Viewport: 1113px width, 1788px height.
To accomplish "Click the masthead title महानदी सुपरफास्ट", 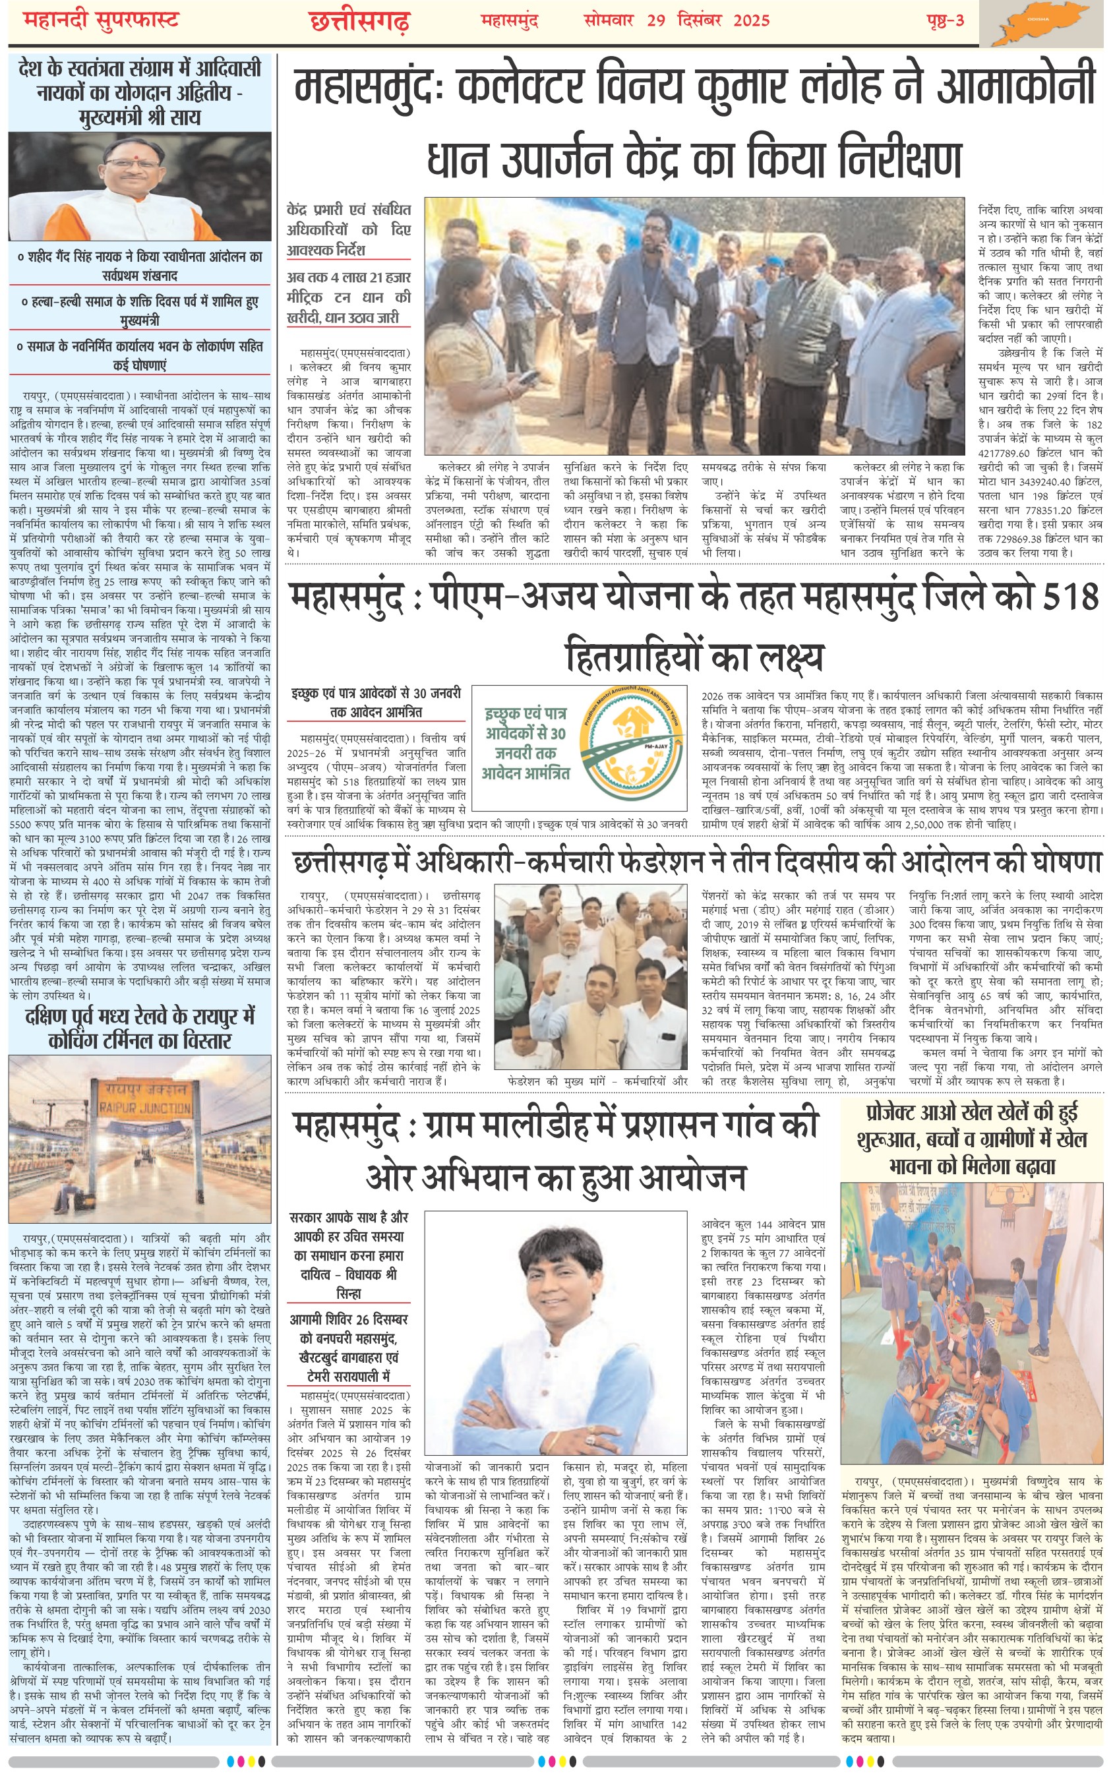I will (102, 20).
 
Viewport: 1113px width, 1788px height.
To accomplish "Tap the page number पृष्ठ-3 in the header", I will (945, 20).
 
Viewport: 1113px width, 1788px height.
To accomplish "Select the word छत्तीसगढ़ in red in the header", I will (359, 21).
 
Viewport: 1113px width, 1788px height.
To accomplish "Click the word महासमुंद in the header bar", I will (510, 20).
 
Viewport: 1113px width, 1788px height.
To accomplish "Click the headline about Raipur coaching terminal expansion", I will (140, 1028).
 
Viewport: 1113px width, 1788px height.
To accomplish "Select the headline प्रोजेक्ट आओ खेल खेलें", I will (971, 1139).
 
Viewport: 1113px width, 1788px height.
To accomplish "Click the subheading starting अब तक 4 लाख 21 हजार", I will (349, 297).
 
